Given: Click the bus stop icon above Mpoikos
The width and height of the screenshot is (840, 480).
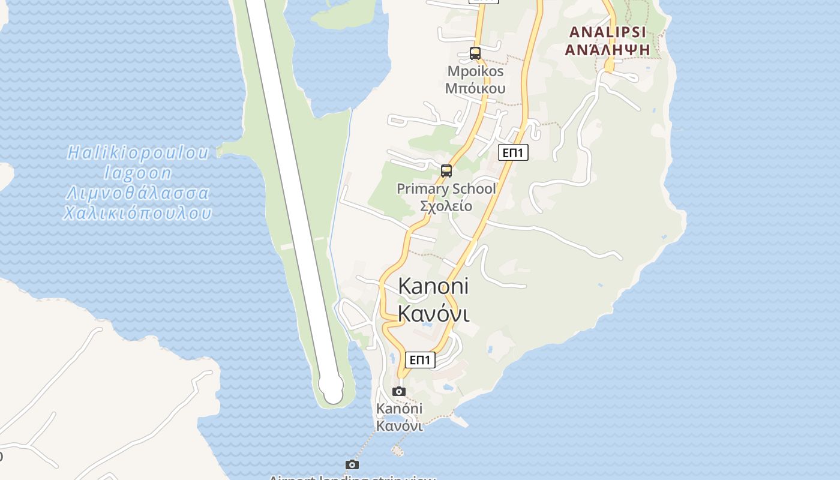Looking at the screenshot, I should tap(475, 53).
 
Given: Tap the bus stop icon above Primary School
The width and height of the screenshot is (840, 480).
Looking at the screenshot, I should tap(446, 171).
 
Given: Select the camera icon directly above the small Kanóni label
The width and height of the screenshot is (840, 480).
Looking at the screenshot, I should tap(398, 392).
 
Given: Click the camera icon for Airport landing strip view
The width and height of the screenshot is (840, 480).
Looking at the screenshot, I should tap(352, 465).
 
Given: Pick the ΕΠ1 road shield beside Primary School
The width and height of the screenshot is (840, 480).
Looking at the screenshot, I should tap(513, 153).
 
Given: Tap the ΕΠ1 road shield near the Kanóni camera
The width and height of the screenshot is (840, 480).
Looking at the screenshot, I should tap(420, 360).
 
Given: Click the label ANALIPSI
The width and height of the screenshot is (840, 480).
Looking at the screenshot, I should tap(607, 32).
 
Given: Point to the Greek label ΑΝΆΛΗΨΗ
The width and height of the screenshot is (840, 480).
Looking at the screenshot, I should tap(607, 49).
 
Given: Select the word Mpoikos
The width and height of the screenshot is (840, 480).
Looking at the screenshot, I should tap(475, 71).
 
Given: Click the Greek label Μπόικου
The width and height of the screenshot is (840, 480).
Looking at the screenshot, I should tap(475, 88).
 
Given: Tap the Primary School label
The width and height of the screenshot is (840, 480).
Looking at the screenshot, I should tap(446, 189).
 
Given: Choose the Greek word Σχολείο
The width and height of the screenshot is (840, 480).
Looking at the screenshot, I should tap(446, 206).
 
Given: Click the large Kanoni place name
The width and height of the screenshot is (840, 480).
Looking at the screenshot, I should tap(433, 286).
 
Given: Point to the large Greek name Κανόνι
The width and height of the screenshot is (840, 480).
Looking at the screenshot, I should tap(433, 313).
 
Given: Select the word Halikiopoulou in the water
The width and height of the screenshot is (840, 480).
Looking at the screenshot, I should tap(138, 153).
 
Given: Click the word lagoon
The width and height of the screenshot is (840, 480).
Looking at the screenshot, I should tap(138, 173).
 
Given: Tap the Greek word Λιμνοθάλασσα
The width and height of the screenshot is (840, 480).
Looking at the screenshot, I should tap(138, 193).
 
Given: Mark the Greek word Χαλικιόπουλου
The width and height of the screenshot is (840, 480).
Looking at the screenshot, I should tap(138, 213).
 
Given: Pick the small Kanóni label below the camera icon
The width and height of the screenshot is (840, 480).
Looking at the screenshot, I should tap(399, 409).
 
